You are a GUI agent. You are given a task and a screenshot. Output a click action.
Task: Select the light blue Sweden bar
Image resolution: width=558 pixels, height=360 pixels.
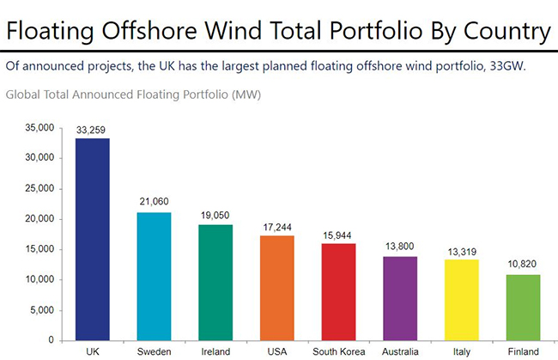tap(154, 276)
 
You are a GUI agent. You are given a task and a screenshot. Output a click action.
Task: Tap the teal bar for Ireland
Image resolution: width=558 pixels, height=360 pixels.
tap(215, 282)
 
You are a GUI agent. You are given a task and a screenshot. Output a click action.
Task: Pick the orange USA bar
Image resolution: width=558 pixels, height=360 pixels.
tap(277, 287)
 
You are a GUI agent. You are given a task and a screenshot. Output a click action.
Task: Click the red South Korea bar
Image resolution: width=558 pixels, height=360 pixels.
tap(339, 291)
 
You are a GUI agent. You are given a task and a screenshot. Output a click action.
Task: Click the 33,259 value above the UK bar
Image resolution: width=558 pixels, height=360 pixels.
tap(92, 129)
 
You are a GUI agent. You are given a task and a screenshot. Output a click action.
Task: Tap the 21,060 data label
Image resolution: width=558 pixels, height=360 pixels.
tap(154, 203)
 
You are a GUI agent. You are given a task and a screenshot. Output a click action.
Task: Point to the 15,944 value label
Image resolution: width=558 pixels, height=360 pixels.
tap(339, 234)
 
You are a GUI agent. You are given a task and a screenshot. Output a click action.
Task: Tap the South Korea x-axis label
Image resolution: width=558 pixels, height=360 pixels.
tap(339, 351)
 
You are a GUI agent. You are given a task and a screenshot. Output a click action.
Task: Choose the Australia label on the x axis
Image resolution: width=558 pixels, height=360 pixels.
tap(401, 351)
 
